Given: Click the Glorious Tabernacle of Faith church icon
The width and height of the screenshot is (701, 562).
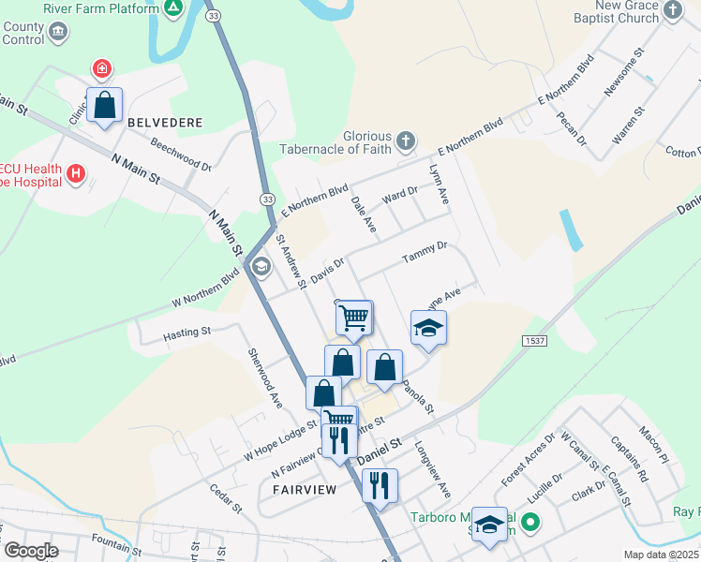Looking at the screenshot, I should pyautogui.click(x=405, y=141).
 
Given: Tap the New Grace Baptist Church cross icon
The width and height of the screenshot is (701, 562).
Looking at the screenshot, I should pyautogui.click(x=672, y=10).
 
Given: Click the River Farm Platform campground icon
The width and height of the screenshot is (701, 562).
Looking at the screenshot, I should pyautogui.click(x=172, y=9).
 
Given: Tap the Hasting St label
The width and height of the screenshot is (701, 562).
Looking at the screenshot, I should pyautogui.click(x=187, y=333).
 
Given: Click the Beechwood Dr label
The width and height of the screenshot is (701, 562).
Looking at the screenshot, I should pyautogui.click(x=181, y=155).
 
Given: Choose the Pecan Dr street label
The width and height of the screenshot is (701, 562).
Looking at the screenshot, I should pyautogui.click(x=574, y=128).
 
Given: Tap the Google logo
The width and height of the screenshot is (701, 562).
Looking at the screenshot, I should pyautogui.click(x=32, y=551).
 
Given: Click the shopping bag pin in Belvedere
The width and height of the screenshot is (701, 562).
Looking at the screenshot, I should pyautogui.click(x=105, y=105).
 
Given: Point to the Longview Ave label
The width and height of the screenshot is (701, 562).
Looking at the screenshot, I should pyautogui.click(x=433, y=469).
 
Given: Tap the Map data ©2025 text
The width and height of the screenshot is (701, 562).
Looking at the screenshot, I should pyautogui.click(x=661, y=555).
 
